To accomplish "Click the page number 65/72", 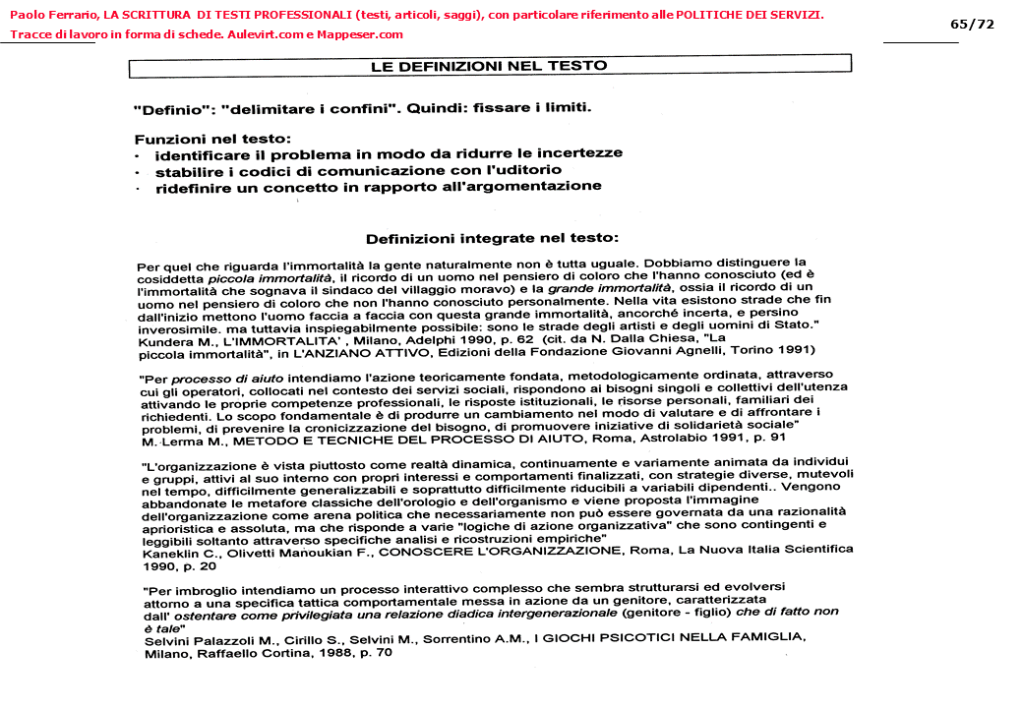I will tap(973, 24).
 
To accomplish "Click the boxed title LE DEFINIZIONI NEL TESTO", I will tap(489, 66).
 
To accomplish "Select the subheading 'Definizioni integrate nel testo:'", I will tap(492, 238).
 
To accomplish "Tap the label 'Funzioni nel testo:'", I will tap(212, 140).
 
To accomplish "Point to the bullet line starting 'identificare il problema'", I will tap(389, 154).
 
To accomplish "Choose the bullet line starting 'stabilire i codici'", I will tap(365, 170).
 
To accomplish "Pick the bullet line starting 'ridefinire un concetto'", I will tap(378, 186).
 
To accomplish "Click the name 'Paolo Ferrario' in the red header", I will tap(47, 15).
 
